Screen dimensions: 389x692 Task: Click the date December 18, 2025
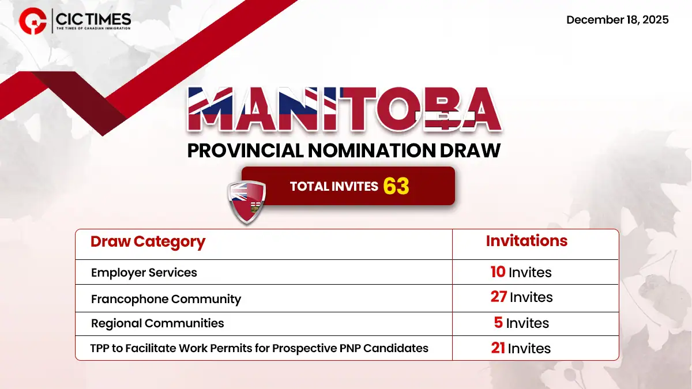pos(617,20)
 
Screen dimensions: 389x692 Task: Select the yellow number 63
pos(396,186)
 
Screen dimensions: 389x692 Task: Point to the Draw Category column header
pos(148,242)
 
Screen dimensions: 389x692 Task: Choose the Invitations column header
pos(526,241)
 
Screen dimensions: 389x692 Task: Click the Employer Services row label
pos(144,273)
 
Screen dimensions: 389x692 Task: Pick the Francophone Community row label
pos(166,299)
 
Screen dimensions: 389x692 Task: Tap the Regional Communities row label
pos(157,323)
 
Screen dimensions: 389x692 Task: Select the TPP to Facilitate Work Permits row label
pos(259,348)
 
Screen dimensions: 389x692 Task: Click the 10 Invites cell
pos(521,273)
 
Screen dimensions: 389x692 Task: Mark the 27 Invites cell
pos(521,297)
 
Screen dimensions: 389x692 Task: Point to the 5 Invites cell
pos(521,323)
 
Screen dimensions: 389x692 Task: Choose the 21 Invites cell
pos(521,348)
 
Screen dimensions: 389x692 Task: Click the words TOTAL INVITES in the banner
pos(334,186)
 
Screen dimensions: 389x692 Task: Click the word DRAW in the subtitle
pos(472,150)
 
